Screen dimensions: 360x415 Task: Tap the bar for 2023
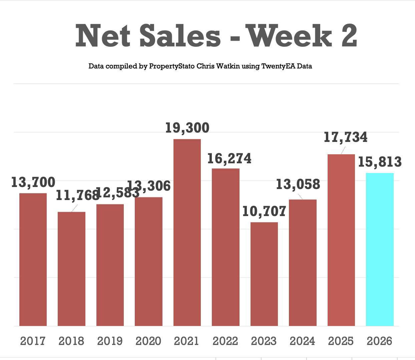[264, 274]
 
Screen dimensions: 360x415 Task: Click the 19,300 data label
[187, 128]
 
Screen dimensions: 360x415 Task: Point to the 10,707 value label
[264, 211]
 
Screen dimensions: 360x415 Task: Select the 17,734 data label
[346, 137]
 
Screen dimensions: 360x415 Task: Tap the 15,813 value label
[380, 162]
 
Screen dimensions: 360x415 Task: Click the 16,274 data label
[230, 159]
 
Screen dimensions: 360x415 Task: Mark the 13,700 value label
[33, 182]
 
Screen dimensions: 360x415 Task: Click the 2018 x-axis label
[71, 341]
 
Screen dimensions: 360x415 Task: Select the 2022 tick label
[226, 341]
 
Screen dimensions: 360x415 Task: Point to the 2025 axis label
[341, 341]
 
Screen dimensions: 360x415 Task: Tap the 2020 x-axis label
[148, 341]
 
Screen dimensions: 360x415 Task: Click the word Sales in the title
[180, 36]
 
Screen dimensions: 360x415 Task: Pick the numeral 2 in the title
[349, 36]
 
